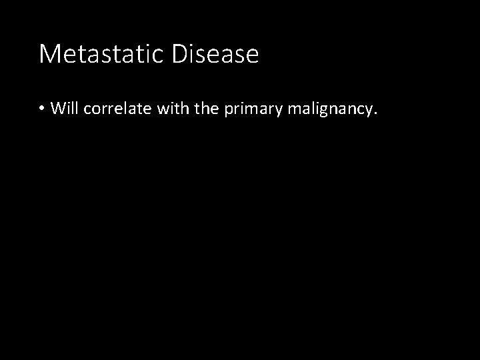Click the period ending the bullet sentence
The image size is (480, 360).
pyautogui.click(x=375, y=113)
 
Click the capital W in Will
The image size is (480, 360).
pyautogui.click(x=56, y=109)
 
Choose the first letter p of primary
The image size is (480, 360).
pyautogui.click(x=227, y=111)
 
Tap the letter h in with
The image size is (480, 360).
pyautogui.click(x=181, y=109)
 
